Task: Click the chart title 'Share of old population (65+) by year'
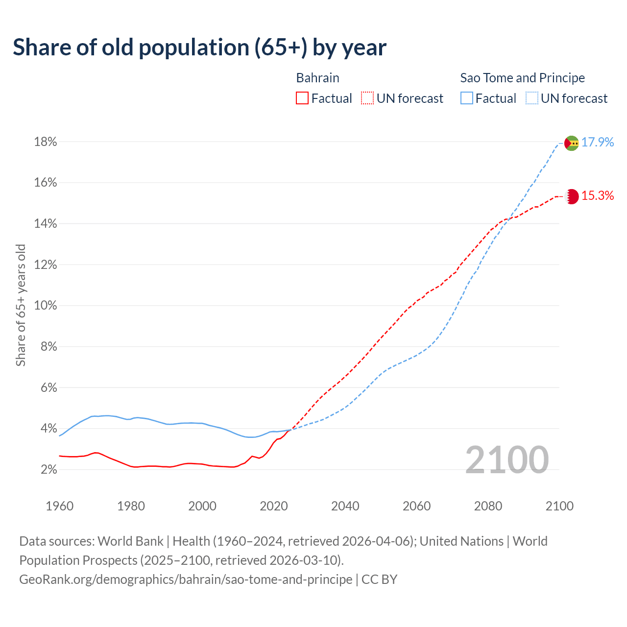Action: (199, 48)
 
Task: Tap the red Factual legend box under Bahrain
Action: (302, 98)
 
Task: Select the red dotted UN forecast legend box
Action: (367, 98)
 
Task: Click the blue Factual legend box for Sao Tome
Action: (467, 98)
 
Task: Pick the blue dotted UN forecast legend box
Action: (532, 98)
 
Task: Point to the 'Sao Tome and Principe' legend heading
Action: (522, 78)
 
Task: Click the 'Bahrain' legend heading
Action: (317, 78)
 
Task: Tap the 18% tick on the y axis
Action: (45, 142)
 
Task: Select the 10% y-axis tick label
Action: (45, 306)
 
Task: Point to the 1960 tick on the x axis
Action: (59, 506)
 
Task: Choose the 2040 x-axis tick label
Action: (345, 506)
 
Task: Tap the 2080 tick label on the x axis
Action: (488, 506)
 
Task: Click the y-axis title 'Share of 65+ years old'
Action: (21, 306)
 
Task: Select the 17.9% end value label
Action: (597, 142)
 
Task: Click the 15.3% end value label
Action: (597, 196)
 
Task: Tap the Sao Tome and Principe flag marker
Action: (571, 143)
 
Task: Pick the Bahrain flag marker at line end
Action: (572, 196)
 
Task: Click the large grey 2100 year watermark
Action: (506, 459)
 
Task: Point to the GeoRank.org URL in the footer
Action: (186, 579)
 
